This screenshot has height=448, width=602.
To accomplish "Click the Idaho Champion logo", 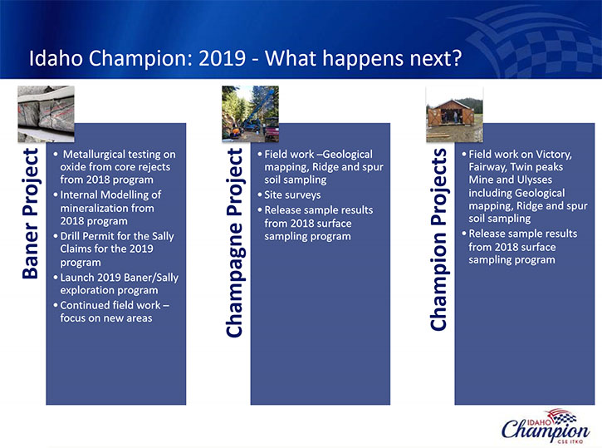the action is point(546,426).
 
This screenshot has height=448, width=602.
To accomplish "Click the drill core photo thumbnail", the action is point(46,114).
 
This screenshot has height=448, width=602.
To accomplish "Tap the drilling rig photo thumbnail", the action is point(250,114).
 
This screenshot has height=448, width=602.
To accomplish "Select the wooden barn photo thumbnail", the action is point(454,115).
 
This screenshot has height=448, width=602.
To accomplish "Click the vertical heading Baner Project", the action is point(31,214).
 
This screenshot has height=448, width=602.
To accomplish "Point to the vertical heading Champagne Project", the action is point(235,243).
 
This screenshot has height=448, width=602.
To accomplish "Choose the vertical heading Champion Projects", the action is point(439,239).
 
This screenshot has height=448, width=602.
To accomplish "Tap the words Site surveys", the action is point(292,195).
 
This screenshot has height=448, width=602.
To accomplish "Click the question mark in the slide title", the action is point(456,57).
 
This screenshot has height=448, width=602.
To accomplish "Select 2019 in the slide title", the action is point(223,57).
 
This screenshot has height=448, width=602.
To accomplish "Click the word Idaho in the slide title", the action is point(56,57).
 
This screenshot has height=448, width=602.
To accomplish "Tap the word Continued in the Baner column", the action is point(84,306).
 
